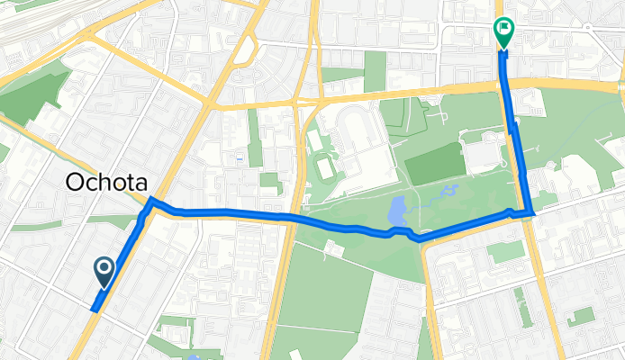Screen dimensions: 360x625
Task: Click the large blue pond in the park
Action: pos(397,212)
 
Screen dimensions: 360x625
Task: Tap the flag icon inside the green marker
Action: pos(504,31)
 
